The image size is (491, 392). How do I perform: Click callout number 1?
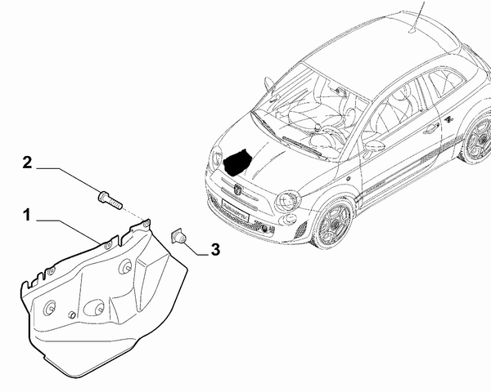coord(28,216)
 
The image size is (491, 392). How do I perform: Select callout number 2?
coord(27,163)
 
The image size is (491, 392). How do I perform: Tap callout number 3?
coord(215,250)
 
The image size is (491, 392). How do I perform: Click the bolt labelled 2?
coord(110,200)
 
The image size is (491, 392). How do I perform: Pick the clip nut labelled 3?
coord(178,236)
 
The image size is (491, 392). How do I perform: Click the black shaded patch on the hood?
coord(237,161)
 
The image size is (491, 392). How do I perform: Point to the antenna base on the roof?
coord(412,30)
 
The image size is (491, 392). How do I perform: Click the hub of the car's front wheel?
coord(336,224)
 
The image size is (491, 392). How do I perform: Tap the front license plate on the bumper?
coord(235,211)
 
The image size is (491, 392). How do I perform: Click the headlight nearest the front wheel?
coord(288,201)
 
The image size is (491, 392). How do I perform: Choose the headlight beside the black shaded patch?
coord(216,157)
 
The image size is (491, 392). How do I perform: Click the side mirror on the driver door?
coord(376,146)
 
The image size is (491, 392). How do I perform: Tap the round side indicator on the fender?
coord(349,179)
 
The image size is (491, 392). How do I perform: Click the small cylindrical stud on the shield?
coord(72,314)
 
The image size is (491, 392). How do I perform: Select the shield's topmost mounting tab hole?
coord(145,223)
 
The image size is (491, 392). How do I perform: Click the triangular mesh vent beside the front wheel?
coord(301,230)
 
